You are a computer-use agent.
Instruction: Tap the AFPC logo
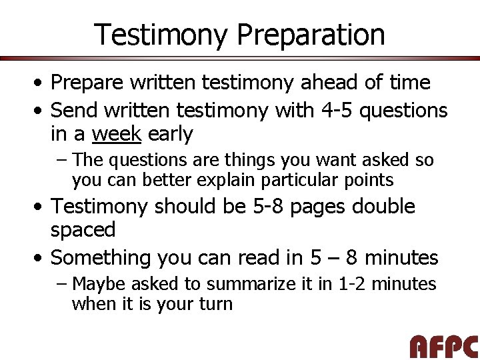(444, 347)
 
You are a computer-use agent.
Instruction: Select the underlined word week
(117, 134)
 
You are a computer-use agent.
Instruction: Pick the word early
(170, 134)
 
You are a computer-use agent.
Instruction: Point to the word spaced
(83, 230)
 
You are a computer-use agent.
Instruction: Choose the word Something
(101, 257)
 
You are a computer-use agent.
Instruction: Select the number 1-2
(351, 284)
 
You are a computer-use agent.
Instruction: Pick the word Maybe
(99, 284)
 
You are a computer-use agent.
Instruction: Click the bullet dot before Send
(41, 110)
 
